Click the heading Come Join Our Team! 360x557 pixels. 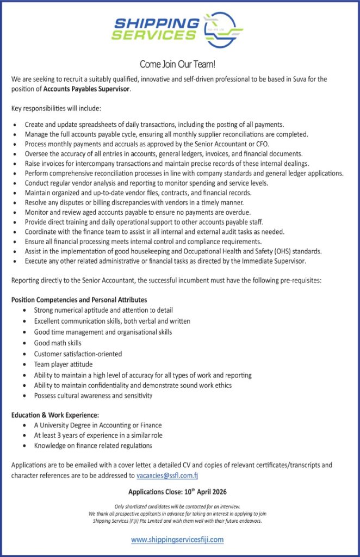click(178, 64)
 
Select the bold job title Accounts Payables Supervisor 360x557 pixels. click(87, 89)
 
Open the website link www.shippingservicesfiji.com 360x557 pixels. click(177, 540)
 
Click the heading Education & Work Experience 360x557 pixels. click(55, 415)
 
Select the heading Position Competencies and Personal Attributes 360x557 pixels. click(79, 300)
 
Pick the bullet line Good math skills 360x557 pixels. click(58, 343)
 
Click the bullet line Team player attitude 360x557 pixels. click(63, 364)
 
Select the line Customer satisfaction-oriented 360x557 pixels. click(78, 354)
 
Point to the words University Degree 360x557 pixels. click(68, 425)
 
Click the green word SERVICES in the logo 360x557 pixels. click(153, 35)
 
